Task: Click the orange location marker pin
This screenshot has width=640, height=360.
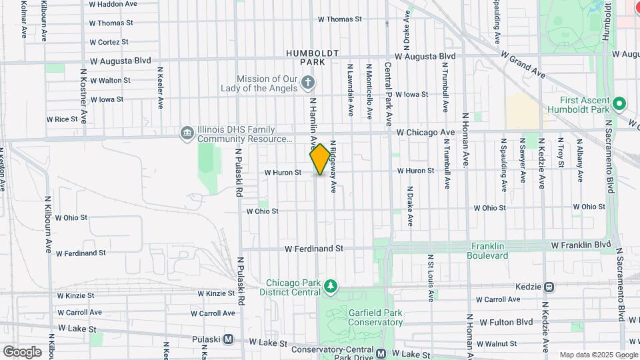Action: (x=320, y=159)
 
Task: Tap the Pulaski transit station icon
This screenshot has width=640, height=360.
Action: (x=229, y=339)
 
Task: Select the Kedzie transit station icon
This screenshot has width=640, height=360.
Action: (x=549, y=287)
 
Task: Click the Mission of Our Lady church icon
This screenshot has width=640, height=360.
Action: (x=307, y=83)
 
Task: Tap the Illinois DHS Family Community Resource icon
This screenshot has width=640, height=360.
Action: (x=187, y=134)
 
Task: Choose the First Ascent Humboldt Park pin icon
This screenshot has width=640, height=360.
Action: (x=619, y=103)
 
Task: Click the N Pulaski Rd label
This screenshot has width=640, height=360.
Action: (x=239, y=172)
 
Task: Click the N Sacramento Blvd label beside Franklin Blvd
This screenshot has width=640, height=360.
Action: (x=621, y=283)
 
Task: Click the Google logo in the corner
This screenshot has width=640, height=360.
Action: (x=22, y=351)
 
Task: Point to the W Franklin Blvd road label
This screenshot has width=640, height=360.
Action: (x=581, y=245)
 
